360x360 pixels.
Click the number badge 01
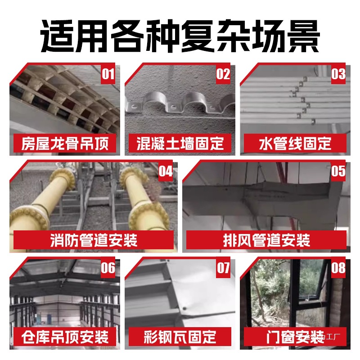point(108,74)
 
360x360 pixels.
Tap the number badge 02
point(223,74)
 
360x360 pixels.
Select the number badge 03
point(338,74)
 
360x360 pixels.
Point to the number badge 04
point(166,171)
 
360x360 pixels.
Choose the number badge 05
point(338,171)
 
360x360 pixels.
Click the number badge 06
point(108,268)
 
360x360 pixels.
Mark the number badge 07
point(223,268)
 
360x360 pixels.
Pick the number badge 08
point(338,268)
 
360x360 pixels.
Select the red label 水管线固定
point(295,144)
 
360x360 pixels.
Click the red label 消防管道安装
point(93,240)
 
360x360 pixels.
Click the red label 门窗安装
point(295,337)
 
